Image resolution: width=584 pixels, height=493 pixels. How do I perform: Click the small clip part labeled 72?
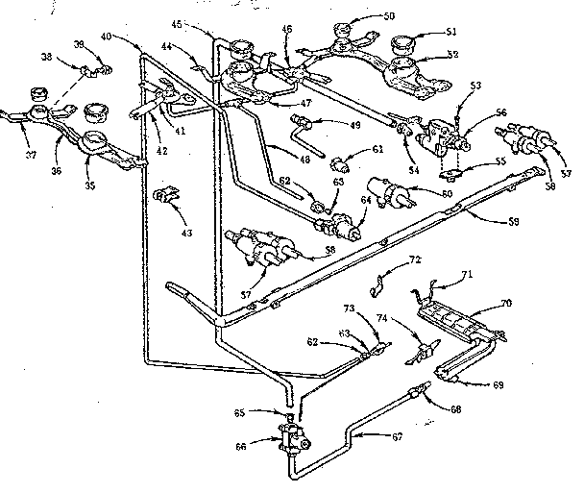coord(378,283)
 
